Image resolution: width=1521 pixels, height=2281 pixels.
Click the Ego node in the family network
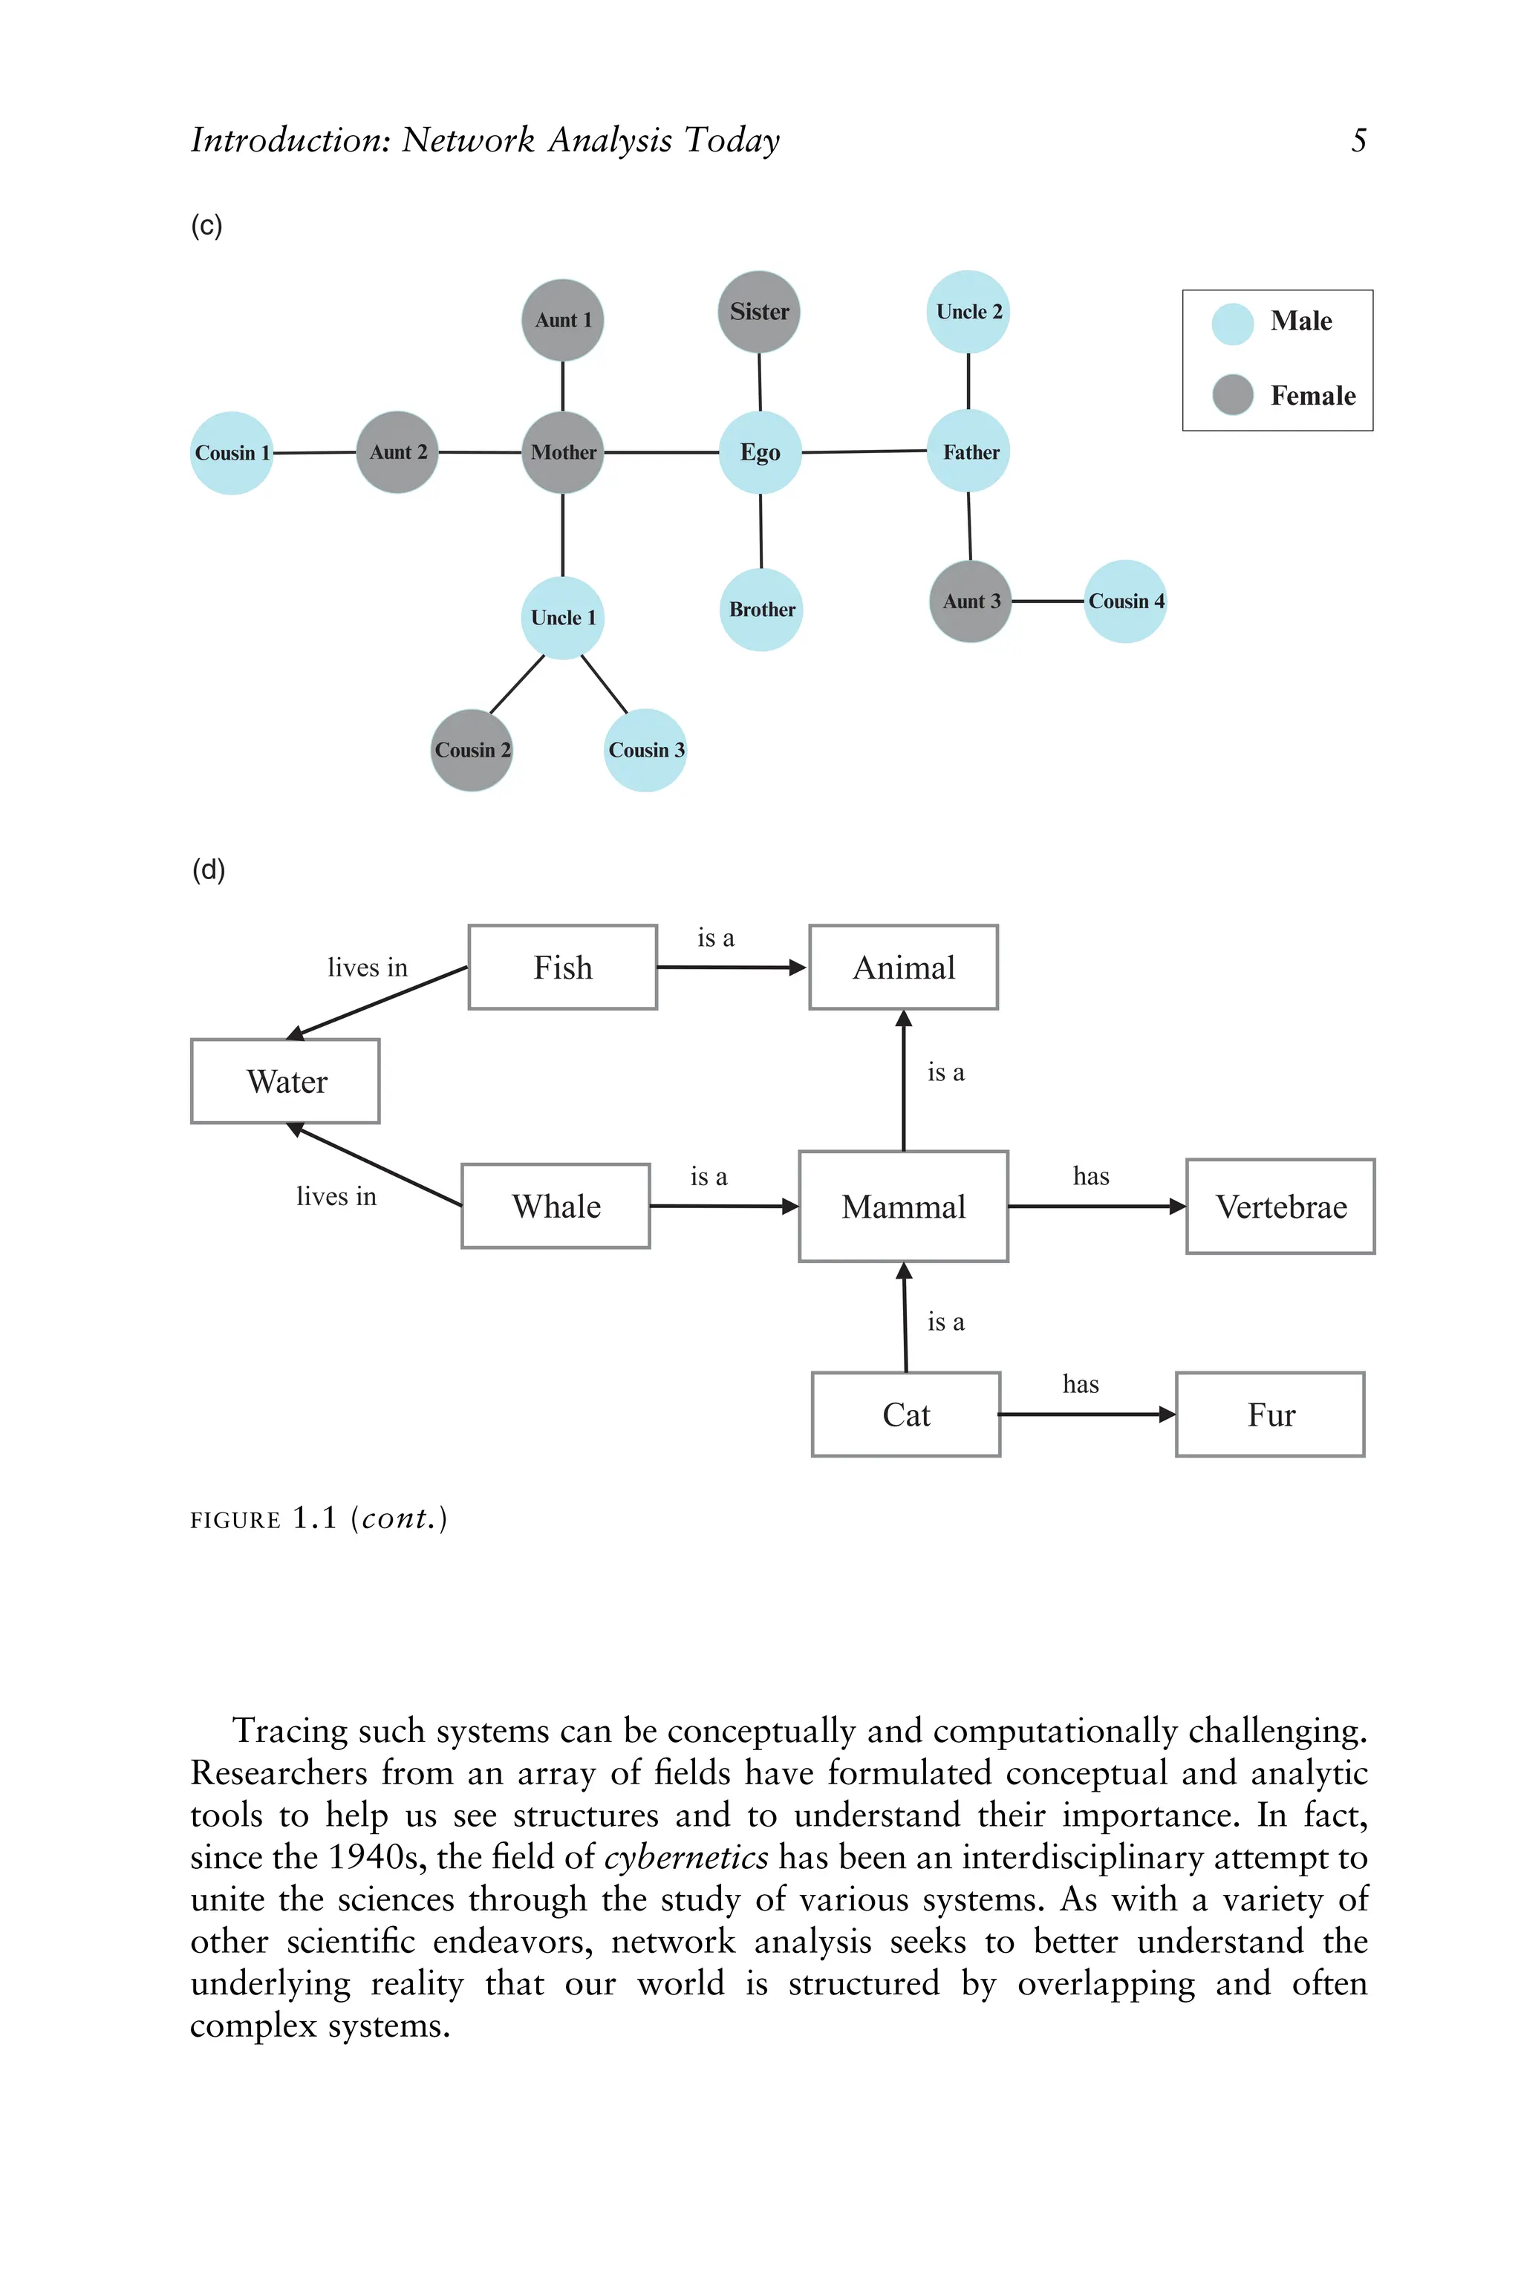760,453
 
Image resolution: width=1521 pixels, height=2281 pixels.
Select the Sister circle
758,313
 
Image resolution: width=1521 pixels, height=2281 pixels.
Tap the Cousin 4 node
1124,601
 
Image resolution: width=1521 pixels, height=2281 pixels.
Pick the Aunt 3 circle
970,601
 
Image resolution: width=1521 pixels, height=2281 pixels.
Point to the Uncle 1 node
563,618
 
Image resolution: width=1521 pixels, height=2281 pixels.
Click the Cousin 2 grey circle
472,750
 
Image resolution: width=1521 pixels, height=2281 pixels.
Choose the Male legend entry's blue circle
1233,324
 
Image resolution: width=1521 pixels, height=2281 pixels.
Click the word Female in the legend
1312,396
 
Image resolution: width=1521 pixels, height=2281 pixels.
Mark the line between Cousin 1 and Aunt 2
314,453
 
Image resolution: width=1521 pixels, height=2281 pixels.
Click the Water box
285,1081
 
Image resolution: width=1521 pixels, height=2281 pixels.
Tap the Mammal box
903,1207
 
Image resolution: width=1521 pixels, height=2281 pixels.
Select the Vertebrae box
1280,1207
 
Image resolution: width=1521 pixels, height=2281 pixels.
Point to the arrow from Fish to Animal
732,967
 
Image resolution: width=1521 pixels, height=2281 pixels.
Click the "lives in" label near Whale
336,1197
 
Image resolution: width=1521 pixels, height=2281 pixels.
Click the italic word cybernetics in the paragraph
685,1857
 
